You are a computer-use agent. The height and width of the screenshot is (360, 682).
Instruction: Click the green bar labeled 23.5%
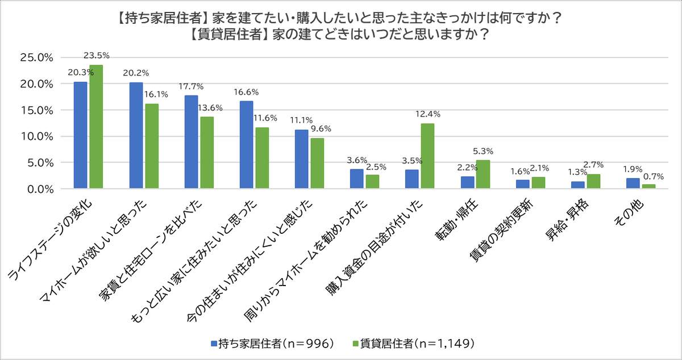pos(96,126)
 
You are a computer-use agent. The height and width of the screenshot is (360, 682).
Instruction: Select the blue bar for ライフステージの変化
pos(81,135)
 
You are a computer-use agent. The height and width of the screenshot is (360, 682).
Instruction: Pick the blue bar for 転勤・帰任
pos(467,182)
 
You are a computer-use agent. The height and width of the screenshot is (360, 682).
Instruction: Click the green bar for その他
pos(648,186)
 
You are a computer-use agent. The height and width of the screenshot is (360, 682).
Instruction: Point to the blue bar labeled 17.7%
pos(192,142)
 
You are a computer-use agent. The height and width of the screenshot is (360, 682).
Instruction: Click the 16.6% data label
pos(246,91)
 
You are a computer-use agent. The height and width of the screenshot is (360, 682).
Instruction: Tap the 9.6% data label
pos(319,129)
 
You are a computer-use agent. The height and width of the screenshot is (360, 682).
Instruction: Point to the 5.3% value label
pos(483,151)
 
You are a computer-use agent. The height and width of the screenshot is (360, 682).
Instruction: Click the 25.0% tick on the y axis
pos(36,58)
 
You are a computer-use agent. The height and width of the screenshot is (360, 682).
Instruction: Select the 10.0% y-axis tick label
pos(36,136)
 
